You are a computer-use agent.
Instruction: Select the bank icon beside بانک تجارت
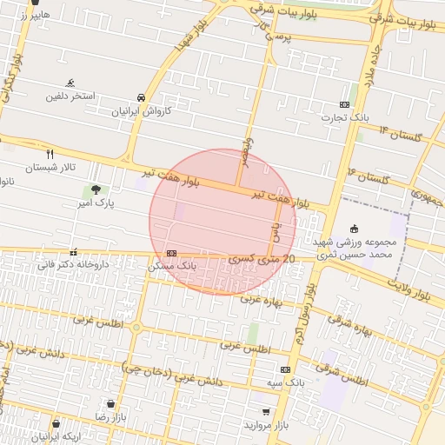point(345,104)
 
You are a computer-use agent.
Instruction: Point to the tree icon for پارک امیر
point(95,189)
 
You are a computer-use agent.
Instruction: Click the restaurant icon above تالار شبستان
point(50,153)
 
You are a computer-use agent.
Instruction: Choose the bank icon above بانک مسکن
point(170,253)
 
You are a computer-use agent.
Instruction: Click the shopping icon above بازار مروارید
point(265,412)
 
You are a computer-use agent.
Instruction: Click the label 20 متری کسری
point(263,259)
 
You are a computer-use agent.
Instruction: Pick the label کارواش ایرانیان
point(142,112)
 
